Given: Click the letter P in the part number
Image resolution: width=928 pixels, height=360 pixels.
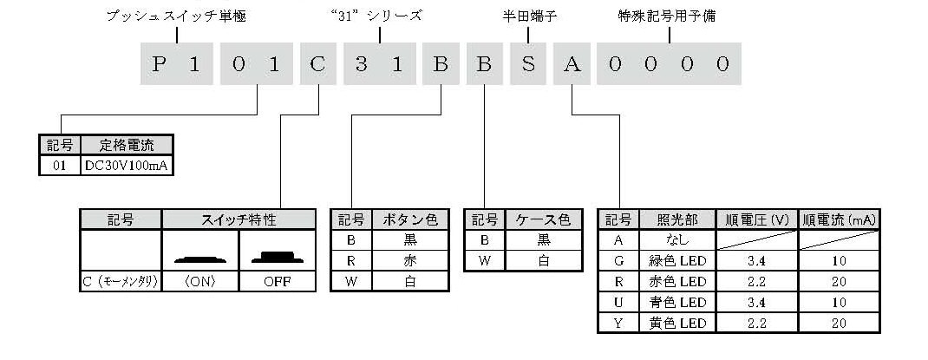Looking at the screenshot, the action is pyautogui.click(x=158, y=64).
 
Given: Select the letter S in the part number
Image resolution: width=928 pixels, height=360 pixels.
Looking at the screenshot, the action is pyautogui.click(x=528, y=64).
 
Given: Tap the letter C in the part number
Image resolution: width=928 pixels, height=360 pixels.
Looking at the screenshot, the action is pyautogui.click(x=317, y=64).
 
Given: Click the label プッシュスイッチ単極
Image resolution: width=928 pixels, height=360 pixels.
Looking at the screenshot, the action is pyautogui.click(x=176, y=16).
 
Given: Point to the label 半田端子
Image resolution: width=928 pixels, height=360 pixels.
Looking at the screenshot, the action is pyautogui.click(x=528, y=16).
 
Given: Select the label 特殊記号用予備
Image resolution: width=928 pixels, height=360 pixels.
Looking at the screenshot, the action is pyautogui.click(x=666, y=16).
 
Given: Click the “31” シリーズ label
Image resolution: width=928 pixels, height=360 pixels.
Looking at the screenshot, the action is pyautogui.click(x=377, y=16).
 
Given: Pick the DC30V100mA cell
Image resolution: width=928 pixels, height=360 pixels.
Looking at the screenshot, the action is pyautogui.click(x=127, y=167).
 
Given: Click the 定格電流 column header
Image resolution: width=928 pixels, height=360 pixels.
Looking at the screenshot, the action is pyautogui.click(x=126, y=145).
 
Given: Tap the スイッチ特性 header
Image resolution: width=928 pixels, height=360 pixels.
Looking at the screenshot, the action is pyautogui.click(x=239, y=219).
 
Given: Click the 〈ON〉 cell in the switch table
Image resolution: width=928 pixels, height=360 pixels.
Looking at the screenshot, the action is pyautogui.click(x=200, y=283).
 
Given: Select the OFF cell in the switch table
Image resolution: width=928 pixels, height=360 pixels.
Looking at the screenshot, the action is pyautogui.click(x=278, y=283).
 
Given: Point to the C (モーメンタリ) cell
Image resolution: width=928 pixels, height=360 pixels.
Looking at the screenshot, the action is pyautogui.click(x=121, y=283).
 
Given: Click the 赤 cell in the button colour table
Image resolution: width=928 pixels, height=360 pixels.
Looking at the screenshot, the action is pyautogui.click(x=410, y=260).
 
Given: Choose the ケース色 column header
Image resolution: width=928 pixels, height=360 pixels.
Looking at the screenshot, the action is pyautogui.click(x=543, y=219).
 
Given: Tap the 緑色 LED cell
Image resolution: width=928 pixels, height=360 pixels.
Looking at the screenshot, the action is pyautogui.click(x=677, y=260).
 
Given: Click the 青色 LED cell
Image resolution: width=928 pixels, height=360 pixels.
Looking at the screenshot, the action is pyautogui.click(x=677, y=303).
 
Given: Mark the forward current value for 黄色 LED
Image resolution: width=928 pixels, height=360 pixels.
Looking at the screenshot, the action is pyautogui.click(x=839, y=324).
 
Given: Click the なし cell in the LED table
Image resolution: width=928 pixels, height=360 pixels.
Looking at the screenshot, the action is pyautogui.click(x=677, y=239).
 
